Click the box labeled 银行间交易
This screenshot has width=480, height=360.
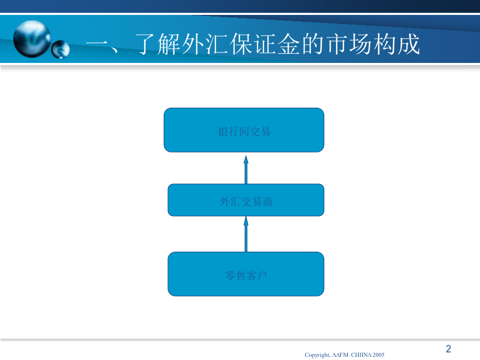[244, 130]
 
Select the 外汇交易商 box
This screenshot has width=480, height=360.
[246, 200]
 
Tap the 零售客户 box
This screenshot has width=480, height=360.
[246, 274]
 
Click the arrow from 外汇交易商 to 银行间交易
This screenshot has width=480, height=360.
[246, 170]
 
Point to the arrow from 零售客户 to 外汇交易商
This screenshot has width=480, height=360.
[246, 234]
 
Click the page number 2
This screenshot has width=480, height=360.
[449, 349]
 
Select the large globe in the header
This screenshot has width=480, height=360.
[32, 39]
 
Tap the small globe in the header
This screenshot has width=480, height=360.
[61, 49]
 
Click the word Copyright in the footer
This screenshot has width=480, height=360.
[317, 355]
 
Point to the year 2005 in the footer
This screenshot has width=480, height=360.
[378, 355]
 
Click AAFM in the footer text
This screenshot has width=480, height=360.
[340, 355]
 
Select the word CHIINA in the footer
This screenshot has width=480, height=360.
[361, 355]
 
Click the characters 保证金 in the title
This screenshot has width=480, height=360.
[265, 44]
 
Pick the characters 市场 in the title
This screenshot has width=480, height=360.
[349, 44]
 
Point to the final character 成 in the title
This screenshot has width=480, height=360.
[409, 44]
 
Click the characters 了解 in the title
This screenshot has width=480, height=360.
[158, 44]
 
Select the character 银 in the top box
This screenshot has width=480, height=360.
[223, 132]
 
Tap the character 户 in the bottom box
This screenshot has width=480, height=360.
[262, 276]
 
